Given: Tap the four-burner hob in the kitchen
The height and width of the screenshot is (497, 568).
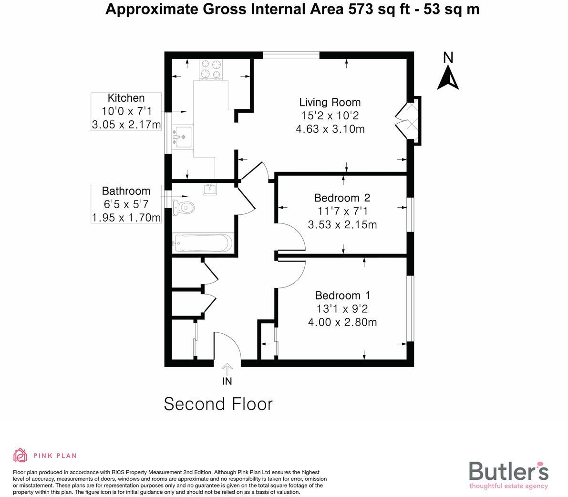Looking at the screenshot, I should click(x=211, y=68).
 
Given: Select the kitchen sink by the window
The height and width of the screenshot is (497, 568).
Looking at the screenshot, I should click(x=181, y=137).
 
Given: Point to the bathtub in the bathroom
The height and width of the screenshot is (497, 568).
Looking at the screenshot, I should click(x=203, y=243).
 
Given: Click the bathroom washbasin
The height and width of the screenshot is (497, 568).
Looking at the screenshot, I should click(x=210, y=189).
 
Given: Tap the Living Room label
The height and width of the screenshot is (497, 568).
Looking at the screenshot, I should click(x=330, y=102).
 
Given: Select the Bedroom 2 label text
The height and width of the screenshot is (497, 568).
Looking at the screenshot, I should click(x=342, y=198).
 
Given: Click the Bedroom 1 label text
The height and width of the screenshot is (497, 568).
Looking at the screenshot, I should click(x=342, y=296).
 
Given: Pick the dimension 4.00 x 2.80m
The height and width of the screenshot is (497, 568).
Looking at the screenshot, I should click(x=342, y=322).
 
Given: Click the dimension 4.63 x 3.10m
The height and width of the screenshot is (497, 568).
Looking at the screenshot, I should click(x=330, y=129).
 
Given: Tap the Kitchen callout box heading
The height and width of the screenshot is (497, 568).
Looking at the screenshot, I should click(x=126, y=98).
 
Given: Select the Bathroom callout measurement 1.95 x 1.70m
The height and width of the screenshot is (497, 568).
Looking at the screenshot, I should click(x=126, y=218).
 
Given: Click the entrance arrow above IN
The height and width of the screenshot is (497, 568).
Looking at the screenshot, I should click(x=227, y=369).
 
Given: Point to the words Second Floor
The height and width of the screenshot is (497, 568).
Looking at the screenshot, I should click(x=218, y=404).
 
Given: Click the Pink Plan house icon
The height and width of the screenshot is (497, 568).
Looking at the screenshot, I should click(x=20, y=455).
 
